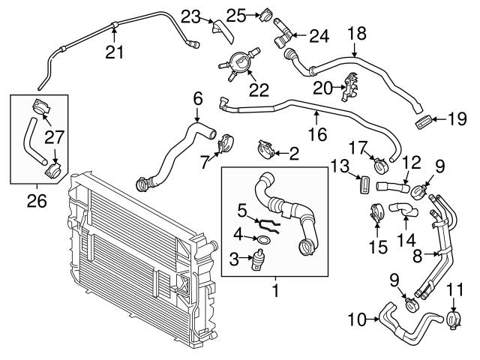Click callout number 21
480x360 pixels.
[113, 52]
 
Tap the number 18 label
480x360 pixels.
[355, 32]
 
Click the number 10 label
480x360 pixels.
[358, 320]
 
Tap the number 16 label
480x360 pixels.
[317, 136]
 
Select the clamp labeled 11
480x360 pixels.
[452, 320]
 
